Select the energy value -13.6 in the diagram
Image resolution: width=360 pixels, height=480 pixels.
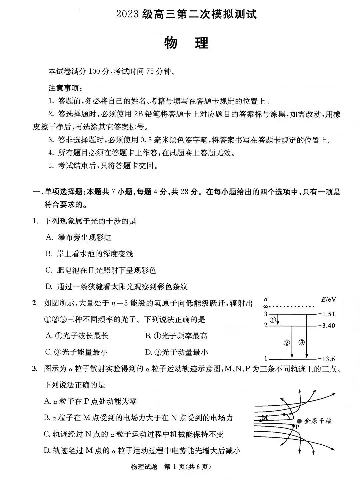(x=327, y=359)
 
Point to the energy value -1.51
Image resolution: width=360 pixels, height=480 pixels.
(x=327, y=314)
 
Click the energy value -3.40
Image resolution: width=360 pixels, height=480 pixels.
(x=327, y=326)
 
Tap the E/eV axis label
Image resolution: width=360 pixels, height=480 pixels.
(x=328, y=299)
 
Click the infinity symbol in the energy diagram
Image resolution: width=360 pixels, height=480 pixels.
(x=265, y=306)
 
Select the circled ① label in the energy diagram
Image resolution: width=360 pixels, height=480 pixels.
(x=273, y=320)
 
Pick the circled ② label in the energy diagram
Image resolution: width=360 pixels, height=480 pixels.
(x=287, y=342)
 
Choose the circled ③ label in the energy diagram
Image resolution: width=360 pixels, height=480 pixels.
(x=301, y=342)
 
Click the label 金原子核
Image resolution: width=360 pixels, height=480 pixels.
(x=318, y=421)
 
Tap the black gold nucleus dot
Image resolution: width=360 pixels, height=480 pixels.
(x=300, y=421)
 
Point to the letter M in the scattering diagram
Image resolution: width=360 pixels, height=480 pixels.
(x=265, y=417)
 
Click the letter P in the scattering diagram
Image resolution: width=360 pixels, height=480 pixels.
(x=297, y=427)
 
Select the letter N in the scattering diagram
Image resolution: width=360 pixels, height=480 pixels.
(x=288, y=417)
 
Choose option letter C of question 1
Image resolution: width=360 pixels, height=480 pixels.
(x=49, y=270)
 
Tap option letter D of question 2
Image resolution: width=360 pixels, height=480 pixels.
(x=148, y=352)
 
